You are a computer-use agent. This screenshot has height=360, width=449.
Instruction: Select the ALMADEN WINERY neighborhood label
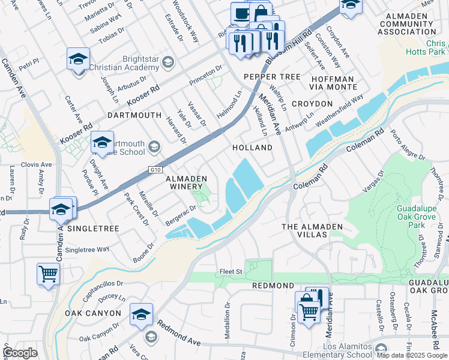tap(186, 182)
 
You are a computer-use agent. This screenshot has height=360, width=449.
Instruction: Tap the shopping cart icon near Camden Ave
tap(48, 274)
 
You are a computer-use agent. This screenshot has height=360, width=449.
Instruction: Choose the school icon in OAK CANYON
tap(141, 314)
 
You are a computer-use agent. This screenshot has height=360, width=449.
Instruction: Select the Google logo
tap(20, 353)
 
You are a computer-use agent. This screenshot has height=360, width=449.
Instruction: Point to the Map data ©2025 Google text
tap(411, 355)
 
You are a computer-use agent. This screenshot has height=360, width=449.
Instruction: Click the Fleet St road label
tap(231, 272)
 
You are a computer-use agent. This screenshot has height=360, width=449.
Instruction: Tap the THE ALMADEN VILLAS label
tap(312, 230)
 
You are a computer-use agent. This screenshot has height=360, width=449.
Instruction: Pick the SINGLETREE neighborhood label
tap(94, 229)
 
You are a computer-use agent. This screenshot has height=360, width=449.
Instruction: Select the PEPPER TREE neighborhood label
tap(272, 77)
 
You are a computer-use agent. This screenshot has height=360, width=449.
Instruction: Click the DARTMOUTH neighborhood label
tap(134, 115)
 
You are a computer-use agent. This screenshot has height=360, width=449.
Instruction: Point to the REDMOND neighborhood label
tap(273, 286)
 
